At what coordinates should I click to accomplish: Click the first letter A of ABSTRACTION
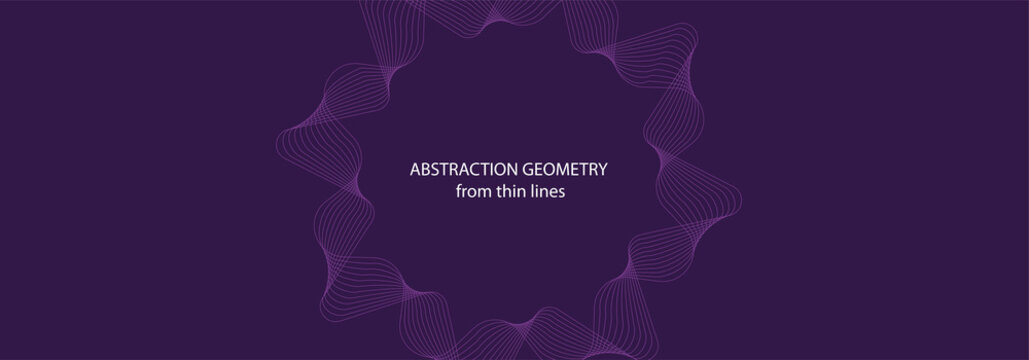(415, 171)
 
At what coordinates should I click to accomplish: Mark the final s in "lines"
(563, 194)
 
